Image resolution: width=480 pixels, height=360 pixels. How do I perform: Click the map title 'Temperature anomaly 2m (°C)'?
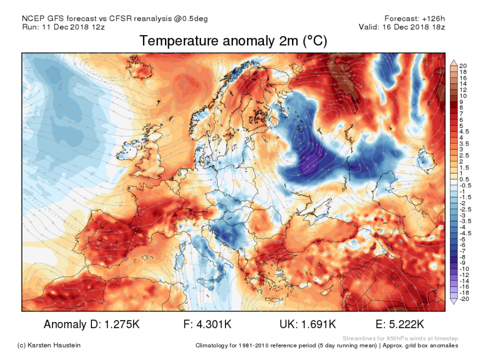(233, 41)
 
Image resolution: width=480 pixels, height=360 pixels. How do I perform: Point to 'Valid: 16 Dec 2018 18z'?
(402, 27)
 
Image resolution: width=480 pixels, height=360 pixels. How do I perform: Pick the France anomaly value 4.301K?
(211, 324)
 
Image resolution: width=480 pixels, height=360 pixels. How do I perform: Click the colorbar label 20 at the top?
(462, 65)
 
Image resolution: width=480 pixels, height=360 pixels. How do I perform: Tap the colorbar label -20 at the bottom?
(463, 299)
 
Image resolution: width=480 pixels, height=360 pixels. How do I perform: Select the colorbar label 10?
(462, 95)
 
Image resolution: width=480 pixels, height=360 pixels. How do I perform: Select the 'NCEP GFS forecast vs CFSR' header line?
(115, 18)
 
